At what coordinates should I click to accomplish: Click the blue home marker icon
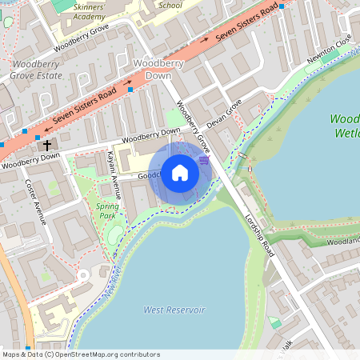[x=180, y=173]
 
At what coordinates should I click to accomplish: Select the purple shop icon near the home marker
[x=204, y=160]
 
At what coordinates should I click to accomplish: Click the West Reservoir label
[x=174, y=310]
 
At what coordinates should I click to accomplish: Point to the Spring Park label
[x=107, y=210]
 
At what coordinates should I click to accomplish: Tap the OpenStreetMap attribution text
[x=81, y=354]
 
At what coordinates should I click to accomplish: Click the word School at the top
[x=170, y=5]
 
